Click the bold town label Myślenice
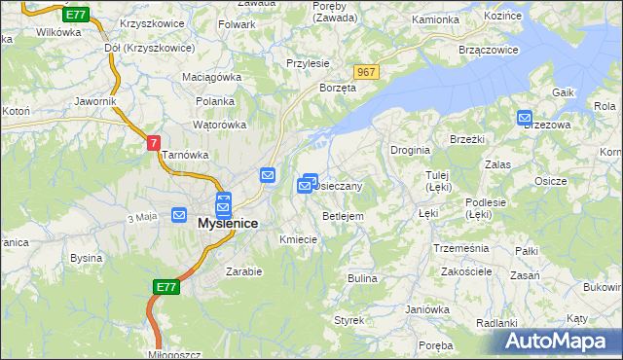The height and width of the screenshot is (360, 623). [228, 223]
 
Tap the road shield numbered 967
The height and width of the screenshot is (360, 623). [366, 73]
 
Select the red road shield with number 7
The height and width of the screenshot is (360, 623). [153, 142]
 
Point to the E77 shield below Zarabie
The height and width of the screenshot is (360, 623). [165, 287]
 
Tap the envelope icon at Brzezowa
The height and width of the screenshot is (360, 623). [525, 118]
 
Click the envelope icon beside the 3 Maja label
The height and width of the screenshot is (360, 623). [179, 215]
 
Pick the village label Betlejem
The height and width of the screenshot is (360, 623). [343, 216]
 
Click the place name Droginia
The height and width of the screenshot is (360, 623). [410, 150]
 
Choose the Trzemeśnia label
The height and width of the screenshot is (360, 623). [460, 248]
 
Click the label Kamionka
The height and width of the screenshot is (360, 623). [435, 19]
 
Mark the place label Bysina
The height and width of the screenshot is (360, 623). [87, 258]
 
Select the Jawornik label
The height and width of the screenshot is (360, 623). [95, 100]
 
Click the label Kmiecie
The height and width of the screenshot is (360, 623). [298, 239]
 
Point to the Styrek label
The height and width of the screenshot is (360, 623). [348, 319]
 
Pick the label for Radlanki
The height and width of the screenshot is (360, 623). [497, 322]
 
